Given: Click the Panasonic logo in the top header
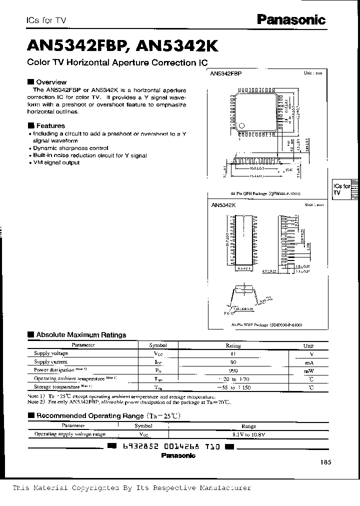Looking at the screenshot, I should [x=291, y=19].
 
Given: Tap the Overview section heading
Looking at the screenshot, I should [x=51, y=82].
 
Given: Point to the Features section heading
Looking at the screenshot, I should [x=50, y=126].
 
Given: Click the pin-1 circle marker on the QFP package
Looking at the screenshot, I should [x=242, y=125].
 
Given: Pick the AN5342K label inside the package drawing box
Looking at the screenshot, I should [x=223, y=205].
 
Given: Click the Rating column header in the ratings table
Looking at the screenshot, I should [x=233, y=345].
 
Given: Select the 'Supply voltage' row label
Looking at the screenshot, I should [x=51, y=353].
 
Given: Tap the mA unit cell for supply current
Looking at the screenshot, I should [x=308, y=362].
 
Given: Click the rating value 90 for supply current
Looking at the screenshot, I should [x=233, y=362].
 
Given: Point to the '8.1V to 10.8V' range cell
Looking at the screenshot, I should [x=248, y=434].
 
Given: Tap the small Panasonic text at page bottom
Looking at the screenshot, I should [x=178, y=455].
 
